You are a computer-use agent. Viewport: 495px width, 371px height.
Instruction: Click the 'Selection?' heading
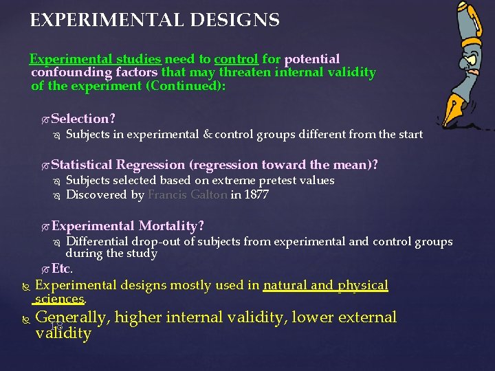pos(83,119)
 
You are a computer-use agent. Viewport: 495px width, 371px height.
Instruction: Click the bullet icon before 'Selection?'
pos(45,120)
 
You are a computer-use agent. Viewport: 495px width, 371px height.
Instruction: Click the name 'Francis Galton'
pos(188,195)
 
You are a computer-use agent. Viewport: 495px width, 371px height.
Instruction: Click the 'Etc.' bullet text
pos(61,269)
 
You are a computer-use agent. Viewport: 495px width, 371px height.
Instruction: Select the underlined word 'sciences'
pos(59,300)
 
